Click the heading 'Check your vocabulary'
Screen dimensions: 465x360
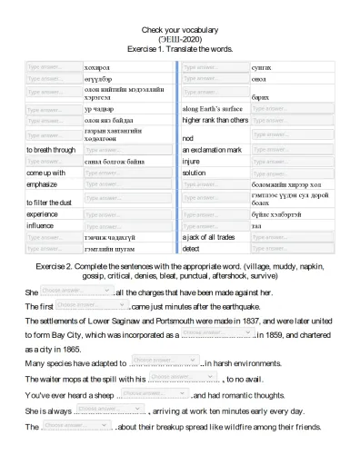pyautogui.click(x=180, y=30)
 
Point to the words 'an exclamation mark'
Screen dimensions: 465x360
pyautogui.click(x=212, y=149)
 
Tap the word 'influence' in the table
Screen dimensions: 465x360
pyautogui.click(x=41, y=225)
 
